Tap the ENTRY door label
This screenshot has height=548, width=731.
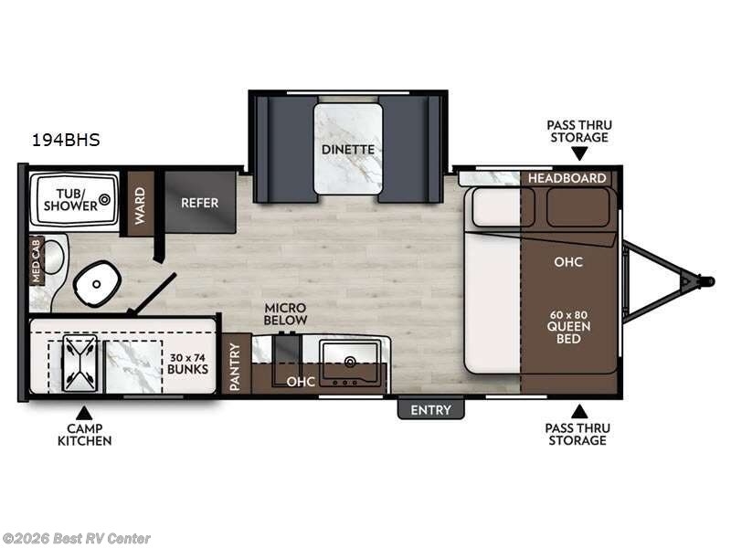430,410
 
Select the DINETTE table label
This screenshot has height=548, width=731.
348,149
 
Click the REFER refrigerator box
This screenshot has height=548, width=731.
199,202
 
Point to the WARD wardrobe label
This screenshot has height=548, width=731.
141,204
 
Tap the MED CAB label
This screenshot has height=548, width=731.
37,260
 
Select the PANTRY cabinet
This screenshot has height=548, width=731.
236,365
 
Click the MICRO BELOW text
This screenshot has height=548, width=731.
285,313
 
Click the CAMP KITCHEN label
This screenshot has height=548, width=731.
85,434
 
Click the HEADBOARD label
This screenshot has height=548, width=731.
567,178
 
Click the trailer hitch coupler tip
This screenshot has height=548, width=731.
708,280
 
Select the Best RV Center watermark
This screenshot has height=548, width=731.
77,538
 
